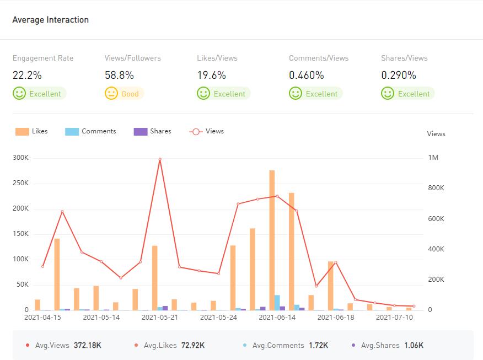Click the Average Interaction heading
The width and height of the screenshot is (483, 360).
50,20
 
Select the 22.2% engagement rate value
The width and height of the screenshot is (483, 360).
27,76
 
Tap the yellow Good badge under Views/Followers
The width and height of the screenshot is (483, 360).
124,94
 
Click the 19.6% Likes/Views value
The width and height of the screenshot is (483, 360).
211,76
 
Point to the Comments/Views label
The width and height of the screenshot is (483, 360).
319,58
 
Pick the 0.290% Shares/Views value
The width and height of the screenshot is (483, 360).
399,76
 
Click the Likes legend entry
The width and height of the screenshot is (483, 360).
32,131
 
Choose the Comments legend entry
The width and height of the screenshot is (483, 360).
91,131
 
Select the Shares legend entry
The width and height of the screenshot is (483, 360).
153,131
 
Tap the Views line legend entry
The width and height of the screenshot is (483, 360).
207,131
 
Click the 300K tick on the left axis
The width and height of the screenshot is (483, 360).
21,158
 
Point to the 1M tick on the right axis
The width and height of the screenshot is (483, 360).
433,158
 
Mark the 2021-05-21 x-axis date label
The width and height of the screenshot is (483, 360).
160,318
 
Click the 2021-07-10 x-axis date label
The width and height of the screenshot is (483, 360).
394,318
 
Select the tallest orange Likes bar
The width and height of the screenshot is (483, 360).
272,240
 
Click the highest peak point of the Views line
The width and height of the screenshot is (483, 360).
160,159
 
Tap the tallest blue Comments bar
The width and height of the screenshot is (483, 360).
277,303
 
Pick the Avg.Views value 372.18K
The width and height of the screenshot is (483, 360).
87,346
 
